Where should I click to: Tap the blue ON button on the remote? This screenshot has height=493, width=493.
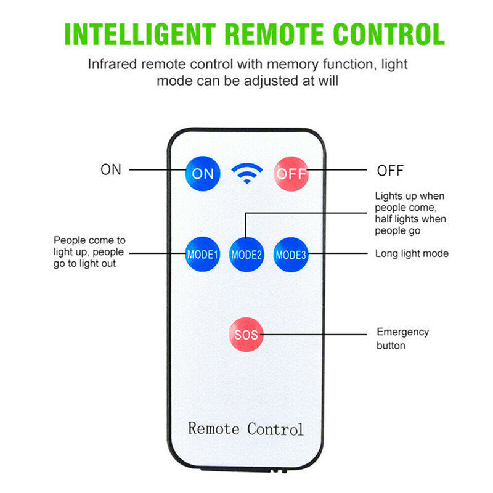pos(203,174)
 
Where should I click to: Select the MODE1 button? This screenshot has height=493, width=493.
pos(202,254)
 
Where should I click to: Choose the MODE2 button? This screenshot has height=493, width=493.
pos(246,255)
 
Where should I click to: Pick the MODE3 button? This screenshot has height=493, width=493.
pos(291,255)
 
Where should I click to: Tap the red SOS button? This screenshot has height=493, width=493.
pos(246,335)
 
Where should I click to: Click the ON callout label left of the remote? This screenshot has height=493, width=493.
pos(111,170)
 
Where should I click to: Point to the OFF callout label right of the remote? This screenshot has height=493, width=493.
pos(390,171)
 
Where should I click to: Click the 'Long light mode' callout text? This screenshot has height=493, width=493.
pos(412,253)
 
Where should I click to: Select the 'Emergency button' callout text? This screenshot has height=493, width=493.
pos(403,338)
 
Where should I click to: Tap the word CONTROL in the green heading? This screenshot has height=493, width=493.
pos(388,35)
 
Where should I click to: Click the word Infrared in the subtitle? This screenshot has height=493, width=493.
pos(112,64)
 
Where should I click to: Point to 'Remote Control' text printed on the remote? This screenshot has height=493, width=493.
pos(246,429)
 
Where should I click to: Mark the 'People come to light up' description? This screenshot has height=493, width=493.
pos(89,252)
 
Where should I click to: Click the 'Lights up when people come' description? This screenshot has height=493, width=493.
pos(410,213)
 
